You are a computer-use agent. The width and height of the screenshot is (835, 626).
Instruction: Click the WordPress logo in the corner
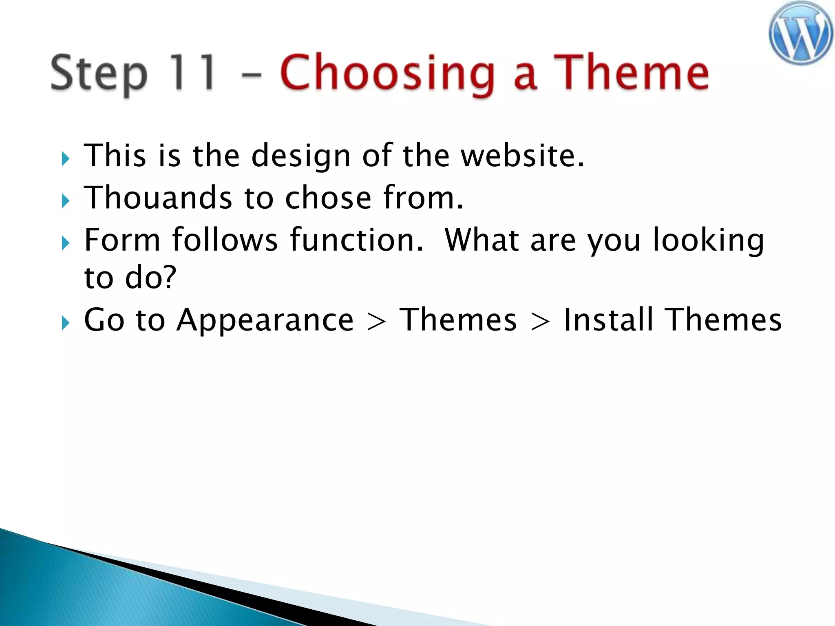[x=801, y=33]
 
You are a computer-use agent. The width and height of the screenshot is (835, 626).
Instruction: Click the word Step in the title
[x=99, y=73]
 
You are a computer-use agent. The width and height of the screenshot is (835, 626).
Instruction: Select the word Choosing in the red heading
[x=387, y=73]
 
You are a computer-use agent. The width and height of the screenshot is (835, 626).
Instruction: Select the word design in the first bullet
[x=301, y=157]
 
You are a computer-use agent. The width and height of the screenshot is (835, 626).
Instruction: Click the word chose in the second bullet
[x=328, y=198]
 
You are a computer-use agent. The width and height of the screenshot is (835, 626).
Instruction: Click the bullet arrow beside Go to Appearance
[x=66, y=323]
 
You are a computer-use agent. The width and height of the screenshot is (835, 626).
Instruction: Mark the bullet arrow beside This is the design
[x=66, y=159]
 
